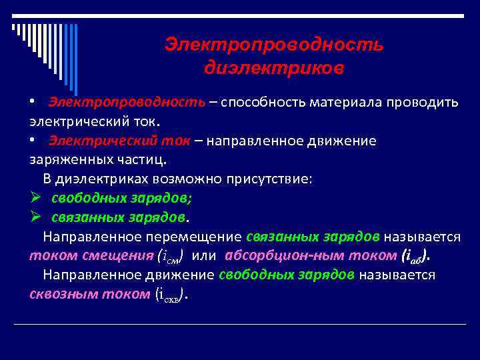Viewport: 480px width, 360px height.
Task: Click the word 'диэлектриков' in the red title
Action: coord(274,68)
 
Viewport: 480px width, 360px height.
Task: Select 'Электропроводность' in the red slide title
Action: coord(274,45)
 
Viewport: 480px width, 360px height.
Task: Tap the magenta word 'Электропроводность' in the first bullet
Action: coord(126,103)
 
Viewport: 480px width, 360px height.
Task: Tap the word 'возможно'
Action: coord(188,179)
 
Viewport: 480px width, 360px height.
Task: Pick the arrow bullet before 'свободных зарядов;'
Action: coord(36,198)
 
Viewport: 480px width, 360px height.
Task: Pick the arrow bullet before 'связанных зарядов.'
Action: coord(36,217)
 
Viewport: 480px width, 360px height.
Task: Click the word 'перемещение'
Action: coord(198,237)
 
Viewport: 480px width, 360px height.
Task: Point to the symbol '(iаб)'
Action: coord(415,257)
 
